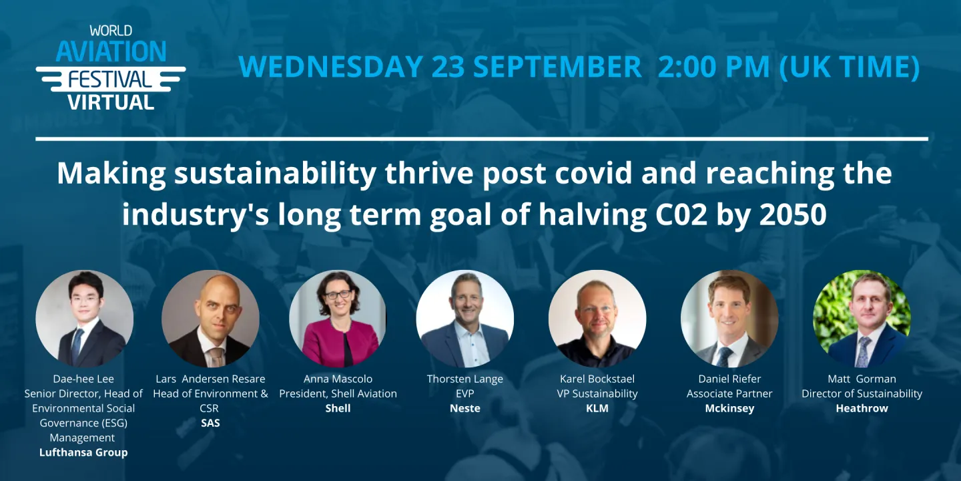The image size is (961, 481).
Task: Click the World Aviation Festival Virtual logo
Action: [x=111, y=68]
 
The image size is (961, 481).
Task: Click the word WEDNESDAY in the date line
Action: [x=331, y=67]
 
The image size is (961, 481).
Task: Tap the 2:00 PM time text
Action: [x=713, y=67]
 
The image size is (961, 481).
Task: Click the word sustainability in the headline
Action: [x=275, y=174]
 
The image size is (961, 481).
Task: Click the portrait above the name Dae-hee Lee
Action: [x=85, y=319]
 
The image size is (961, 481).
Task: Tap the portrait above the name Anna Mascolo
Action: [x=338, y=319]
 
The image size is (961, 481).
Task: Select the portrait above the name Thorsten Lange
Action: [x=464, y=319]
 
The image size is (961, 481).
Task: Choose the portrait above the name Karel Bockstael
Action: [x=597, y=319]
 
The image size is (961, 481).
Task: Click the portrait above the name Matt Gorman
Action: [x=862, y=319]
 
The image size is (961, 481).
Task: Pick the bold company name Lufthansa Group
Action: [x=83, y=453]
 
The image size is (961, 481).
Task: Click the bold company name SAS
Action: [x=210, y=423]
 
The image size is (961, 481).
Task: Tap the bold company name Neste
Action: [x=465, y=408]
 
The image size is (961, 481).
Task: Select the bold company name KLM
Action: [x=597, y=408]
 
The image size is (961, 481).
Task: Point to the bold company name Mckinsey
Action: [x=730, y=408]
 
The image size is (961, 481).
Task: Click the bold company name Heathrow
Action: [x=862, y=408]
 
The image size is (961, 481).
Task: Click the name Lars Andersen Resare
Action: [x=210, y=379]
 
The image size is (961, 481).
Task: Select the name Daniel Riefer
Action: [x=730, y=379]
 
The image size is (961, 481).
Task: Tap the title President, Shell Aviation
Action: [x=338, y=394]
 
